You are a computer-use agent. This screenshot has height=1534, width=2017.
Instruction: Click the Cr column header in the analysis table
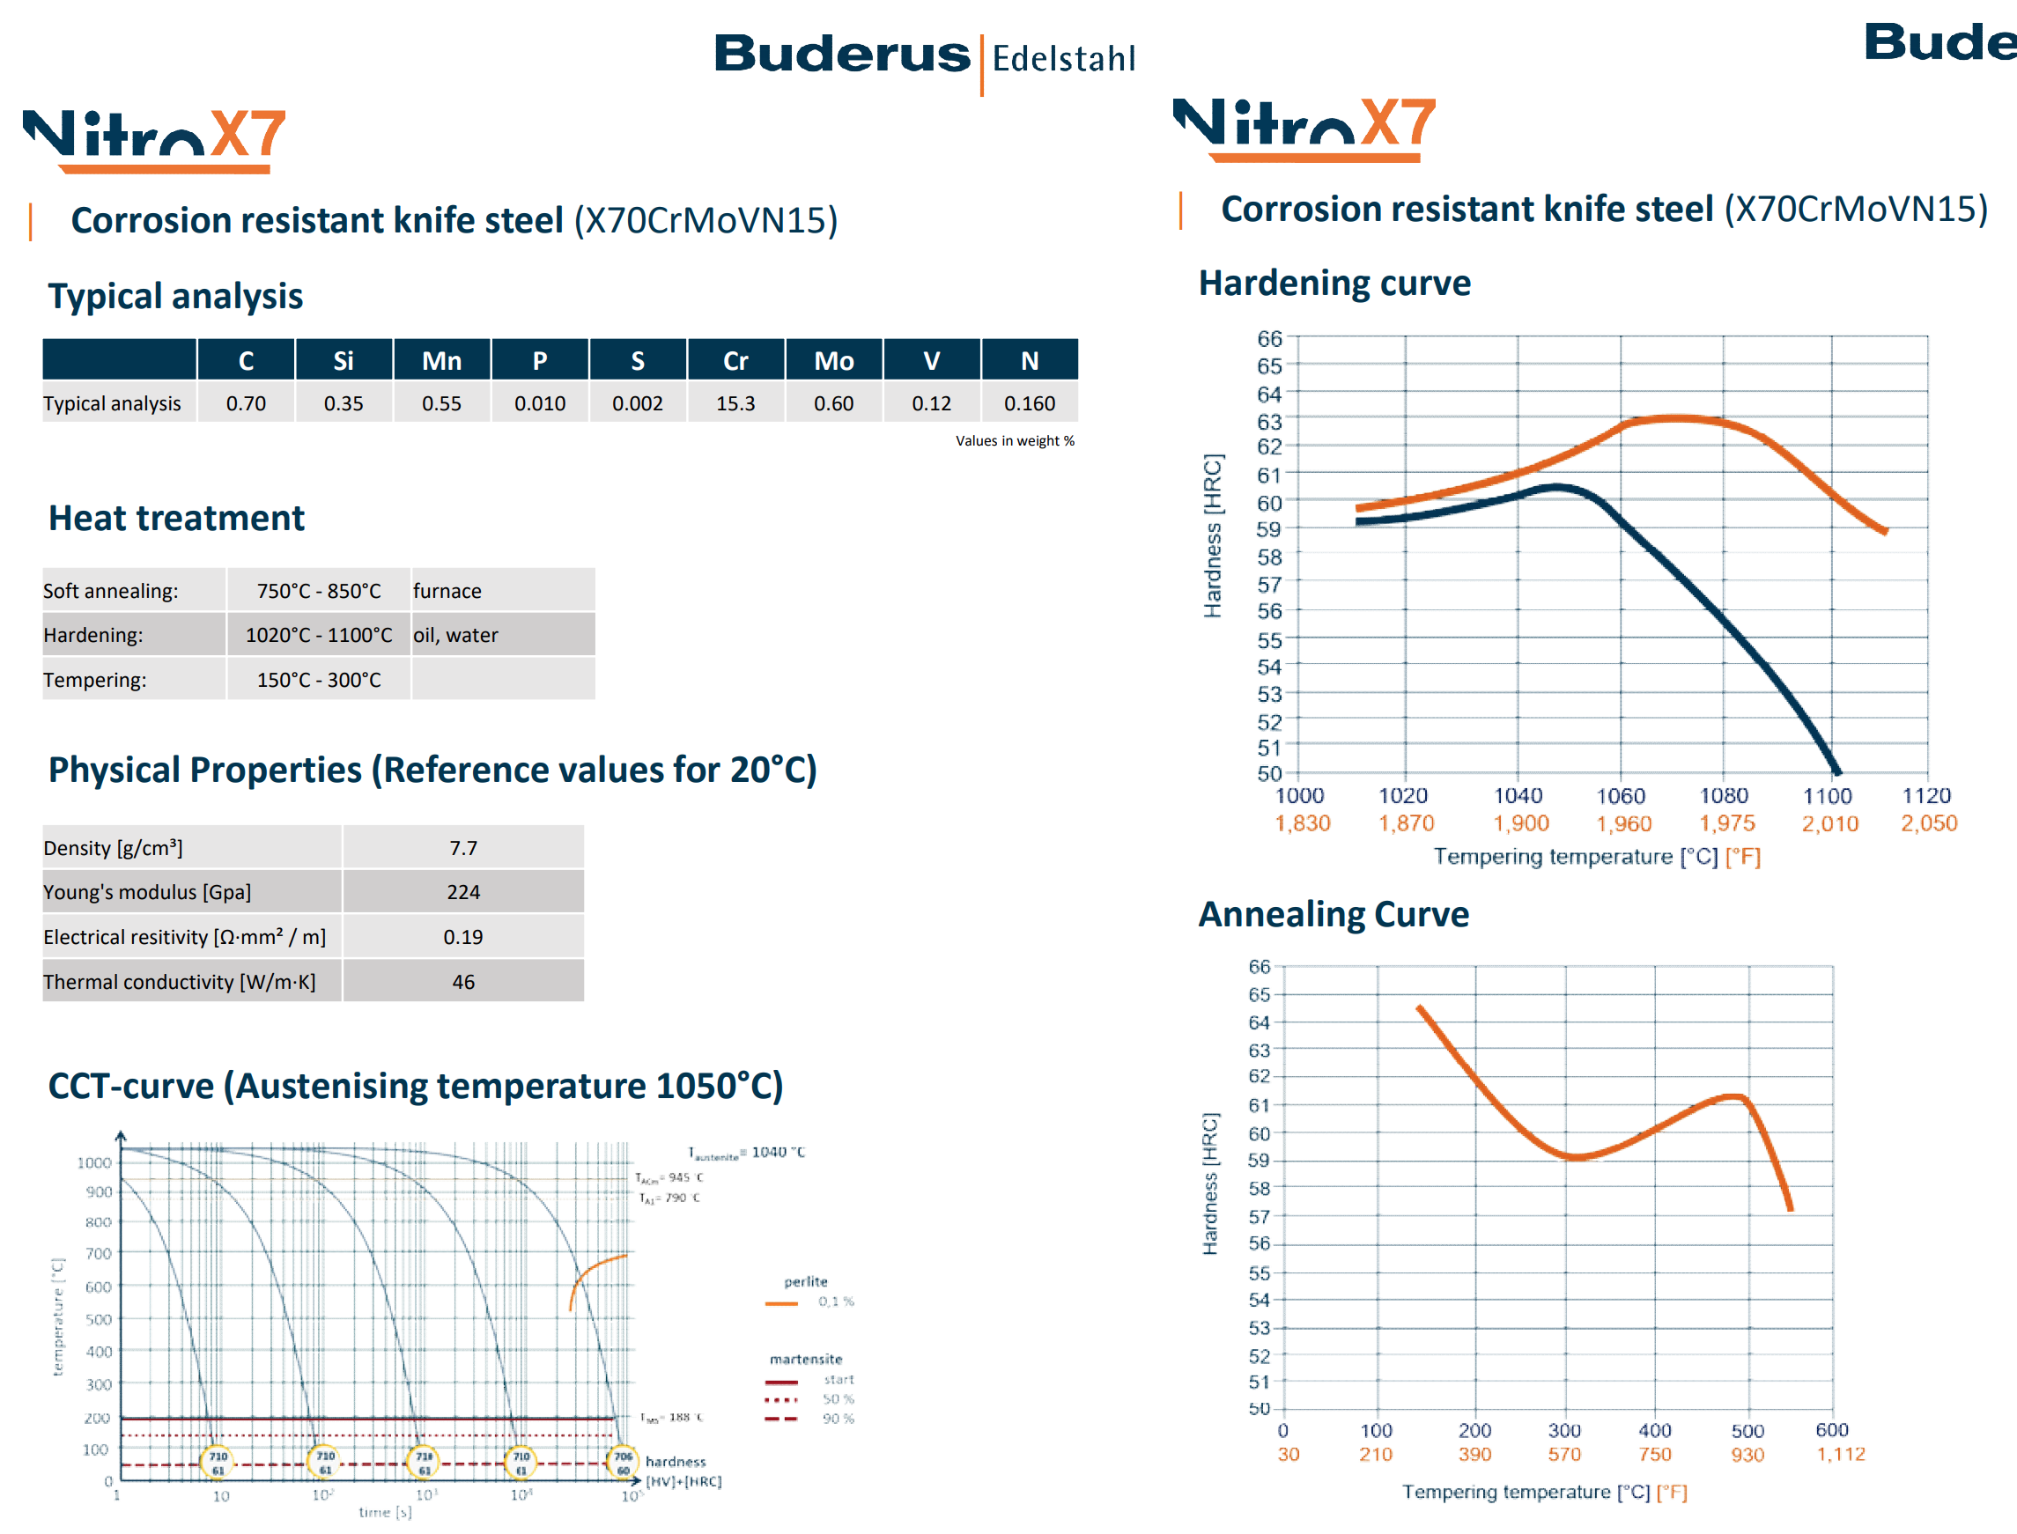click(x=735, y=361)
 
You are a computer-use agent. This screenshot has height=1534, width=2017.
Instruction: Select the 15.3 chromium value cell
click(x=735, y=402)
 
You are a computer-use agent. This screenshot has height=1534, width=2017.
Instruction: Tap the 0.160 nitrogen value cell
click(x=1029, y=402)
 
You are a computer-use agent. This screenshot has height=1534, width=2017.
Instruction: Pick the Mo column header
click(x=832, y=361)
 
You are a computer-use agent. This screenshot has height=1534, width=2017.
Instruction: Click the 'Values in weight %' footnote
click(x=1015, y=440)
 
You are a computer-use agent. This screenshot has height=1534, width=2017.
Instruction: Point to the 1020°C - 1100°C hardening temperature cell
click(x=319, y=635)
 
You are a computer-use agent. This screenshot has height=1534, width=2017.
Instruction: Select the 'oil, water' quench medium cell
click(x=455, y=635)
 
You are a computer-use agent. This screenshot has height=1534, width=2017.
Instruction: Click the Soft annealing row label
click(x=110, y=591)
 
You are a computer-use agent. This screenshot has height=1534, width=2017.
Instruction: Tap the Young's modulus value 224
click(x=463, y=892)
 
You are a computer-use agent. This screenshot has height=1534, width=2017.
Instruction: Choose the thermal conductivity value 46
click(x=463, y=982)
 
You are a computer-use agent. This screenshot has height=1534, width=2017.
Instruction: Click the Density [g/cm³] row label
click(x=114, y=848)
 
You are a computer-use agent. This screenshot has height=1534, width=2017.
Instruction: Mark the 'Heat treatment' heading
click(x=176, y=518)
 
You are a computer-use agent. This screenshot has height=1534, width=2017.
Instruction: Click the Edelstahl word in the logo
click(x=1064, y=58)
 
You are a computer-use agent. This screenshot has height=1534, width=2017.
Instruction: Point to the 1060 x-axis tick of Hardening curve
click(x=1621, y=796)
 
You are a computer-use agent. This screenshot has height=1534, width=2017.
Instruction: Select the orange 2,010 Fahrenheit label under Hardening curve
click(x=1829, y=823)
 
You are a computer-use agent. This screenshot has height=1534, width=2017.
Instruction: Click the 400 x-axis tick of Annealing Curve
click(x=1654, y=1430)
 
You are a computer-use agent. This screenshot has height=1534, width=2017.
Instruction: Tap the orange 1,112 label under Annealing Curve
click(x=1841, y=1454)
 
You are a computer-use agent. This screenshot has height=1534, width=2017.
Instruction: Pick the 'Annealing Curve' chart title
click(x=1334, y=914)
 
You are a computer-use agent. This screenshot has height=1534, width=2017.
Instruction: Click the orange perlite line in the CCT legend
click(x=781, y=1303)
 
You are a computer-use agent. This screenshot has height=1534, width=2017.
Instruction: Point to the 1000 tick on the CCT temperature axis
click(x=94, y=1162)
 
